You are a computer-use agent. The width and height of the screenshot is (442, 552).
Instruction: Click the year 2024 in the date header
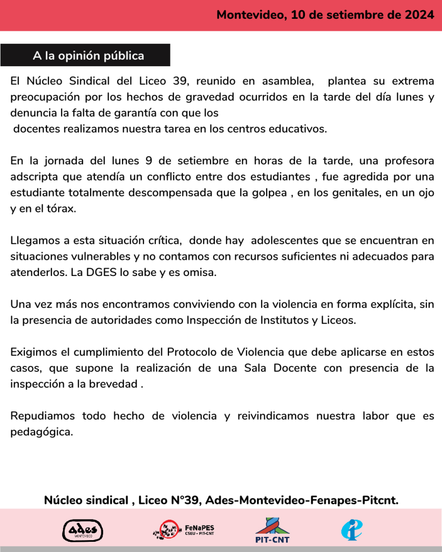pyautogui.click(x=419, y=15)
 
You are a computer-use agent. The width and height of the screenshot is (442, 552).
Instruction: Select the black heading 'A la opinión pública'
pyautogui.click(x=88, y=56)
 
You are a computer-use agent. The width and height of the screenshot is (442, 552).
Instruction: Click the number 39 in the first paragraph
pyautogui.click(x=180, y=81)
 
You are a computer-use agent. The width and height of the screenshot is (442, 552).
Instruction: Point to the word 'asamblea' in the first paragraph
pyautogui.click(x=288, y=81)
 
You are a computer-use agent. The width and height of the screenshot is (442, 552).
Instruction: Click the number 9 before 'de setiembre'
pyautogui.click(x=148, y=161)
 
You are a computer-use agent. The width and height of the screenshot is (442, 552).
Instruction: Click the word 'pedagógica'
pyautogui.click(x=41, y=432)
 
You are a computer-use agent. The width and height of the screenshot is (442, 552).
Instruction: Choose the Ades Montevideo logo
pyautogui.click(x=83, y=530)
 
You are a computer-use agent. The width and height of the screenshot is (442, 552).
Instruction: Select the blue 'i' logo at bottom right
pyautogui.click(x=351, y=529)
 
